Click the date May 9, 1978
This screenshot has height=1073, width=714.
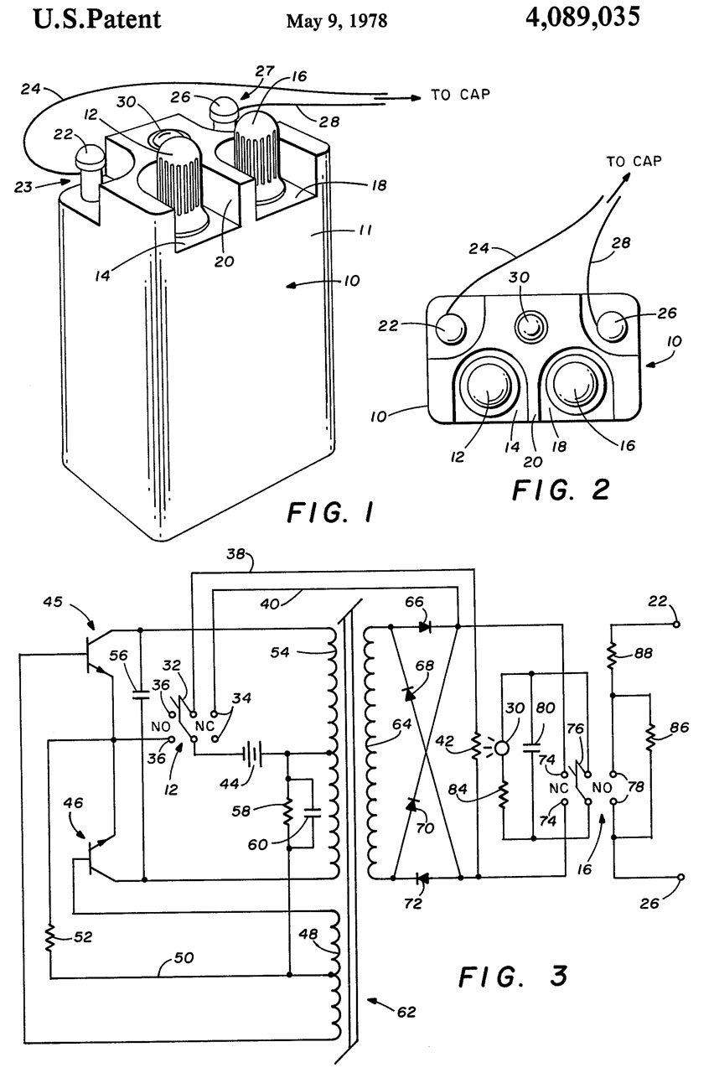[337, 21]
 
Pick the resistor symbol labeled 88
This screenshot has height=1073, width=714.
[613, 651]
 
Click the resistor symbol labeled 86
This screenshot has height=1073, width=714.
[649, 738]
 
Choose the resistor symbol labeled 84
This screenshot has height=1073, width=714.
[504, 793]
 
